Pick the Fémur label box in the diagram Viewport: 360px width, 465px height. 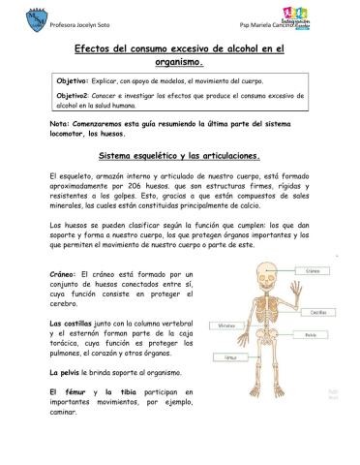coord(230,356)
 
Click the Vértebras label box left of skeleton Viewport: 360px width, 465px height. coord(228,325)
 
